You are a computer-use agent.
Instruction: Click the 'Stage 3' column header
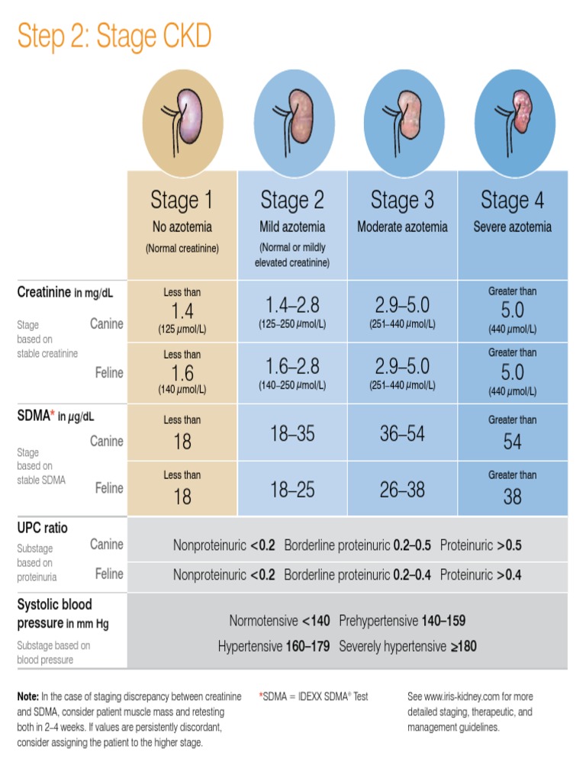(x=402, y=201)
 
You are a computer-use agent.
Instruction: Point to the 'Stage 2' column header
(x=292, y=201)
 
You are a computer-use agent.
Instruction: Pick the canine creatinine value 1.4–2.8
(x=292, y=305)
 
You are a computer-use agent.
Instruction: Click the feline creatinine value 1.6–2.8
(x=292, y=364)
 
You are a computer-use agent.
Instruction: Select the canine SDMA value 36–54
(x=402, y=433)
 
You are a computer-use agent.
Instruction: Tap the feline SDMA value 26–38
(x=402, y=489)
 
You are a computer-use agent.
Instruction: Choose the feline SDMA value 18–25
(x=292, y=489)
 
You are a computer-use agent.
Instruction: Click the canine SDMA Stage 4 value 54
(x=512, y=442)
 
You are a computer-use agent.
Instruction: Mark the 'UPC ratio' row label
(x=43, y=528)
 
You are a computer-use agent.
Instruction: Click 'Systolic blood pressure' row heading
(x=54, y=613)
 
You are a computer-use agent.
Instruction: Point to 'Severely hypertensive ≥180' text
(x=407, y=647)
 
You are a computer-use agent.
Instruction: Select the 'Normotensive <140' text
(x=279, y=621)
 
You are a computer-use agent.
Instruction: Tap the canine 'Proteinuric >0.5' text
(x=481, y=546)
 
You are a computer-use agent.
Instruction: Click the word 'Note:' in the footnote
(x=28, y=696)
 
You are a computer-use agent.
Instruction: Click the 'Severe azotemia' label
(x=512, y=227)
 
